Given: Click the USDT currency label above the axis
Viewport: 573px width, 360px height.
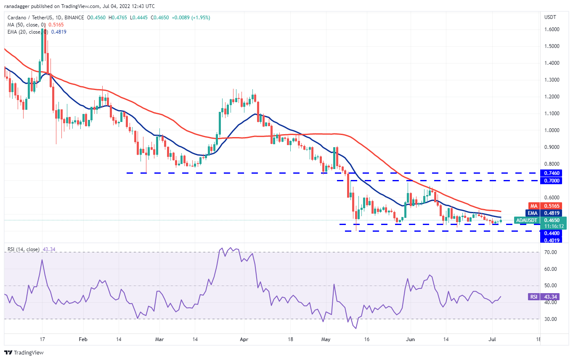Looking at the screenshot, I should click(x=550, y=17).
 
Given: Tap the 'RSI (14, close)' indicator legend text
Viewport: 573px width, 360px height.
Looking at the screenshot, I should click(x=24, y=249).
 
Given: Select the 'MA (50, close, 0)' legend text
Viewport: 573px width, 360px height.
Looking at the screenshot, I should click(x=24, y=25).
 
